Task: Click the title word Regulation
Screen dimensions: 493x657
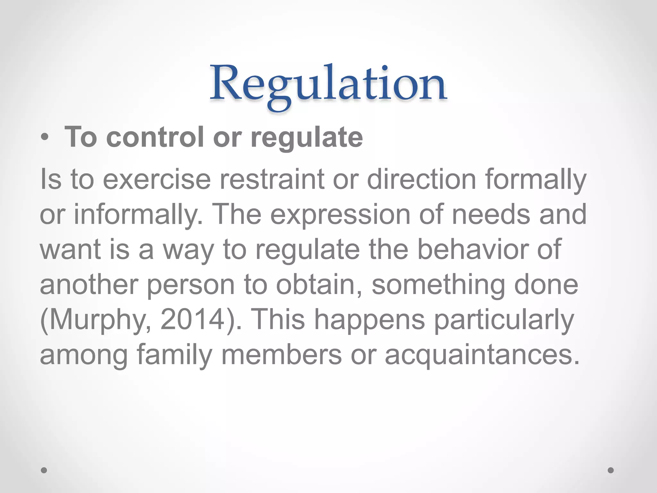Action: click(328, 84)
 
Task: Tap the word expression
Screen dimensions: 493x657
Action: click(341, 214)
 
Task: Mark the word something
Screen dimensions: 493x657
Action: click(438, 285)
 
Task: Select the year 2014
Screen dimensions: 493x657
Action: click(192, 320)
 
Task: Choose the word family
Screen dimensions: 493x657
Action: click(175, 355)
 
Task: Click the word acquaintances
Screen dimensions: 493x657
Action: click(482, 355)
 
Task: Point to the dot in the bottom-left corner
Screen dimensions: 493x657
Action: click(44, 470)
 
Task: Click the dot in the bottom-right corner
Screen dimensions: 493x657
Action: click(611, 470)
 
